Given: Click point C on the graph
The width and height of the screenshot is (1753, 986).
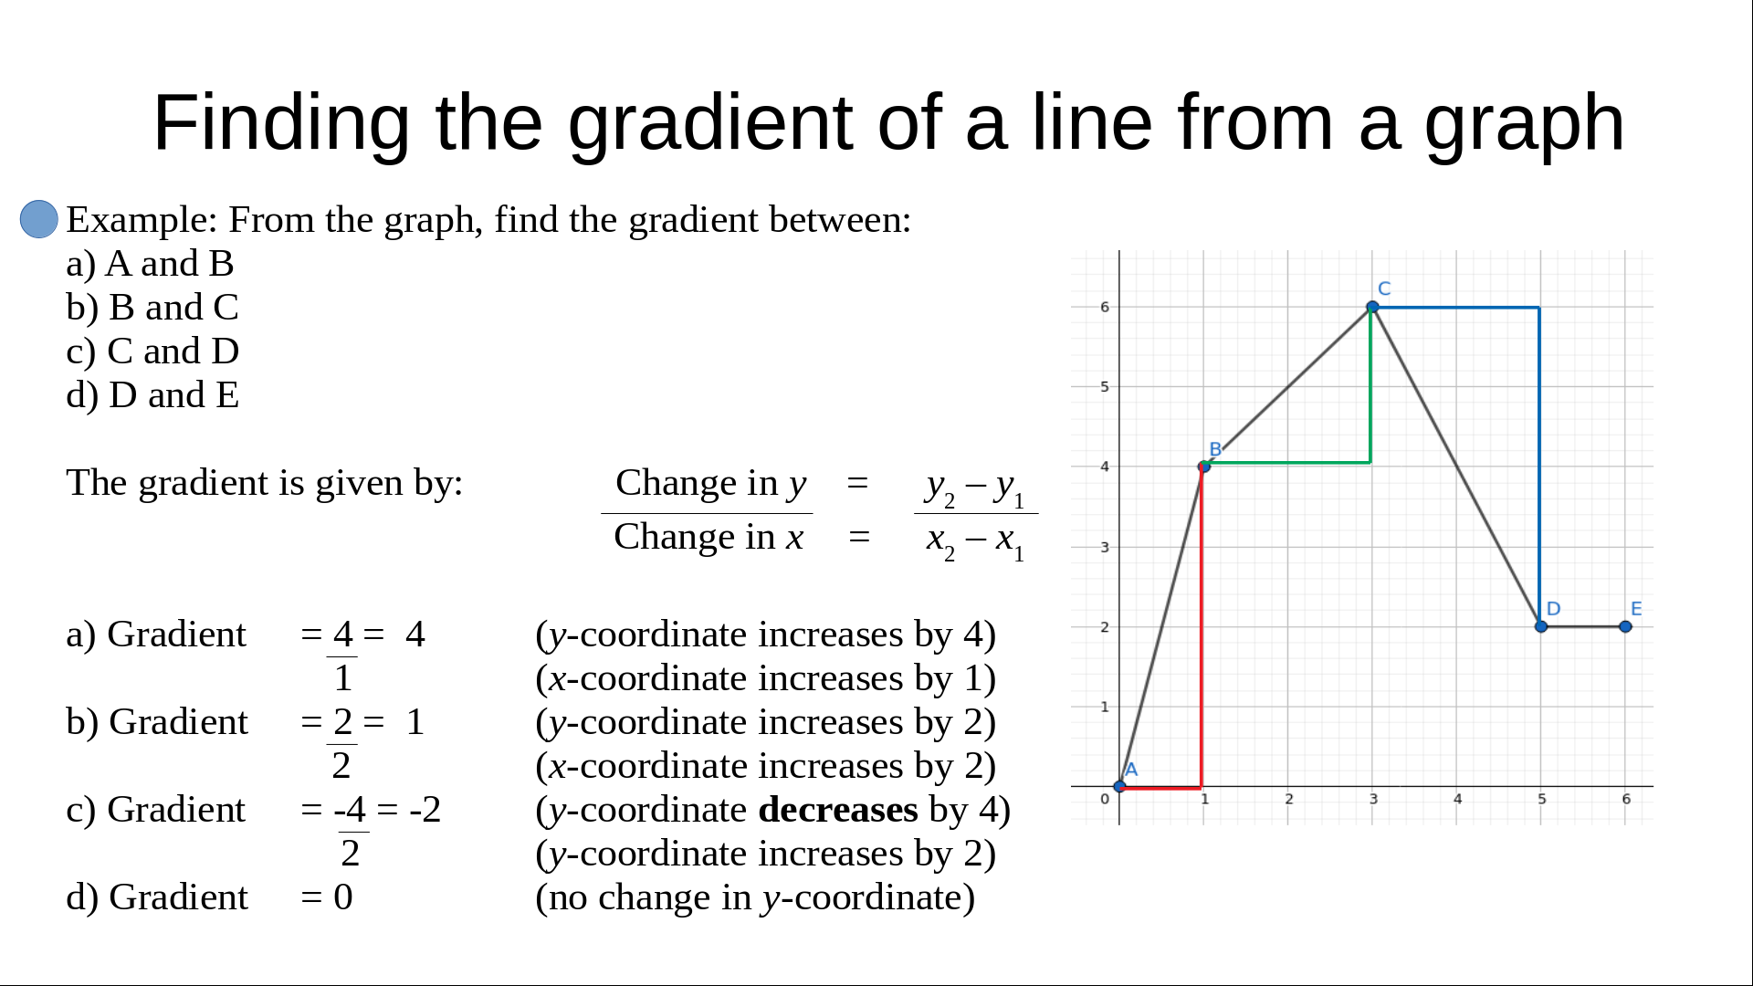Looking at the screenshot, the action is [1372, 308].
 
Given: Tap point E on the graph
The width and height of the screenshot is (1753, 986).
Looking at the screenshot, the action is [1625, 627].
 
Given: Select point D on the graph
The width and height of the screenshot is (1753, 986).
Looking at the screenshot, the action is [1541, 627].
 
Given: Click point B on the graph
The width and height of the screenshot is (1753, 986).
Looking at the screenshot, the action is [1204, 467].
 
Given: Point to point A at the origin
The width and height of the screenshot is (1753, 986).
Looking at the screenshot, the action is [1120, 786].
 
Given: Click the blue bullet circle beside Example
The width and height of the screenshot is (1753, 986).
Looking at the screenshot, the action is [39, 219].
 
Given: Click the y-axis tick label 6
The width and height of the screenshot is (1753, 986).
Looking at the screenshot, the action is [1105, 307].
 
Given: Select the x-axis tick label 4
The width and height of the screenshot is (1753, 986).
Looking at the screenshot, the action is [1457, 799].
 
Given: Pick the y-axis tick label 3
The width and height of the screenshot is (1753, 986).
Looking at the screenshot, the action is [1105, 547].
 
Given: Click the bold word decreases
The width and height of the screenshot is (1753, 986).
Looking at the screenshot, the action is [838, 810].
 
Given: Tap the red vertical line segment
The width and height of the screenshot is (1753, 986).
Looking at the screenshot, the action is [1202, 626].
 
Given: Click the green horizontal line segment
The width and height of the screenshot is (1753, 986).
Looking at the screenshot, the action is [1287, 463].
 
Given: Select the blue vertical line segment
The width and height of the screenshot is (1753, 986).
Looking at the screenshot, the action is [1539, 467].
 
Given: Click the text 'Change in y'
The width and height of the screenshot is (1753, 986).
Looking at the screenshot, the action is [711, 484].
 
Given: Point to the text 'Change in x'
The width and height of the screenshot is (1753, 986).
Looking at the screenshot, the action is [709, 537].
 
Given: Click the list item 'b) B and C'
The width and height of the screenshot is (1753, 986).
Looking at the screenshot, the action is [152, 308].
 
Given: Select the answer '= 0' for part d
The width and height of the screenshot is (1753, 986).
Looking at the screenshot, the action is [327, 897].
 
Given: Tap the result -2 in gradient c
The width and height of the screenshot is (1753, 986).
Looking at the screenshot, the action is [425, 810].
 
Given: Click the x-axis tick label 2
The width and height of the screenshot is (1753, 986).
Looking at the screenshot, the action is [1289, 799].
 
